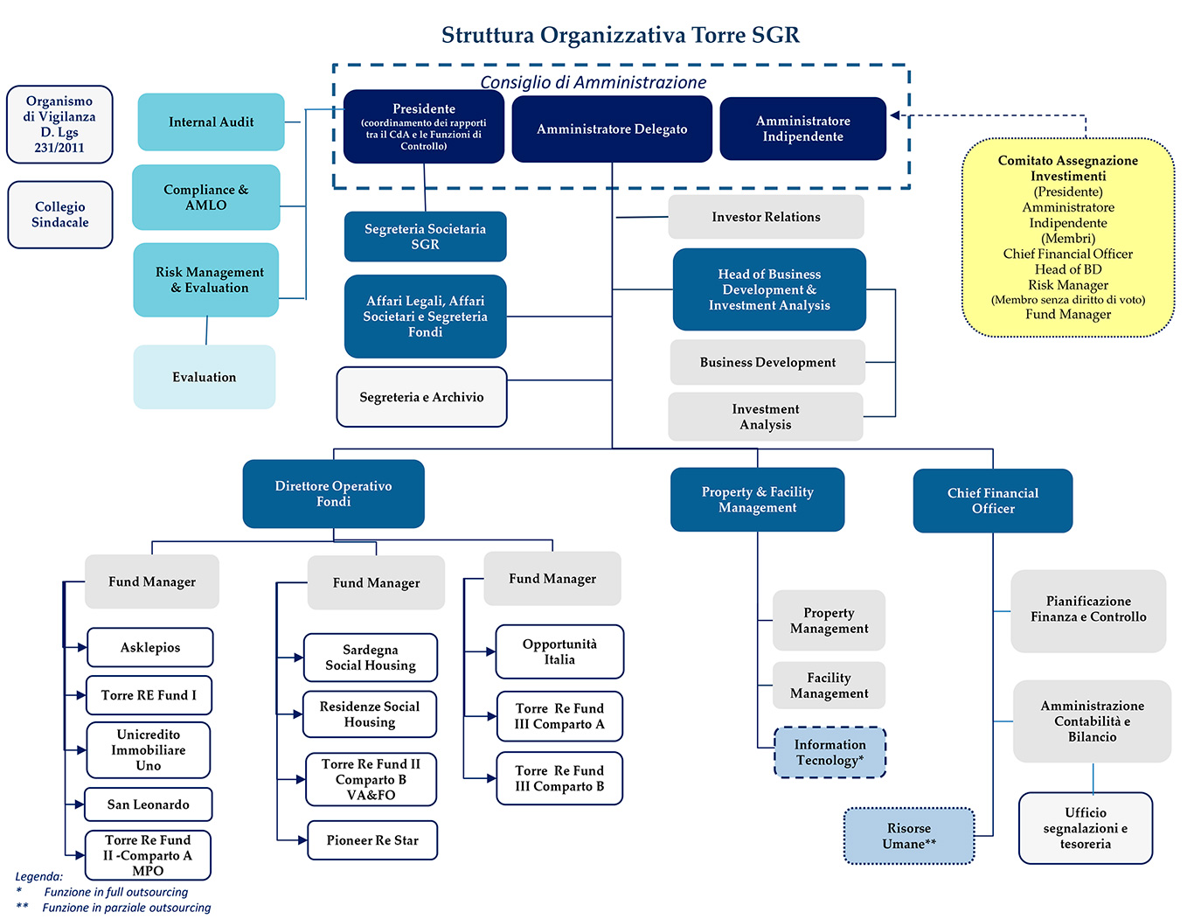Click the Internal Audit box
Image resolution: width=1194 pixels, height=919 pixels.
point(211,122)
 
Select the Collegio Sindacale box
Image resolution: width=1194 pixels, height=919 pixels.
point(60,215)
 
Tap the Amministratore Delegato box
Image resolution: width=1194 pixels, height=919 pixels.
point(612,129)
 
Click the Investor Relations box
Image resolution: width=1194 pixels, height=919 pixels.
point(766,217)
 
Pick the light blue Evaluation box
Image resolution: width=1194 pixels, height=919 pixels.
point(204,377)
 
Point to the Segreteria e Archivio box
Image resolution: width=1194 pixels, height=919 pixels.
point(421,397)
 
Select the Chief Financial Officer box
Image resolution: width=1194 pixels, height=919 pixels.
point(992,501)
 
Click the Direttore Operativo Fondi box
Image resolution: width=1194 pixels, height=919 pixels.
point(333,494)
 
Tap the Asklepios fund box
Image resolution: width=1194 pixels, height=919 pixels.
point(149,648)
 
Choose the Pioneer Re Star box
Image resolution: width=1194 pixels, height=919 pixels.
point(372,840)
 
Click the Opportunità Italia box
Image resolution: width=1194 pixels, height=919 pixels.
point(559,652)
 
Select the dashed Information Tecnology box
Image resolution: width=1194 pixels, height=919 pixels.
point(830,752)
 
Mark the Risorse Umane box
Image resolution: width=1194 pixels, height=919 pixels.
point(908,836)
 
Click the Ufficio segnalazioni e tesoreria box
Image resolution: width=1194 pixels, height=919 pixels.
point(1085,828)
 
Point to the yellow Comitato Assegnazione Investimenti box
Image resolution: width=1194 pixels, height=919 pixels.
point(1067,238)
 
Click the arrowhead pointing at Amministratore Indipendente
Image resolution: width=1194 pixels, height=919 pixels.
point(896,115)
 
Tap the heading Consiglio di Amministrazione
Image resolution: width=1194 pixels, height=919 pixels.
point(594,82)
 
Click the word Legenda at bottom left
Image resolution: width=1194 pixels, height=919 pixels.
point(39,876)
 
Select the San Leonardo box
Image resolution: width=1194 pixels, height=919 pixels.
point(148,804)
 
